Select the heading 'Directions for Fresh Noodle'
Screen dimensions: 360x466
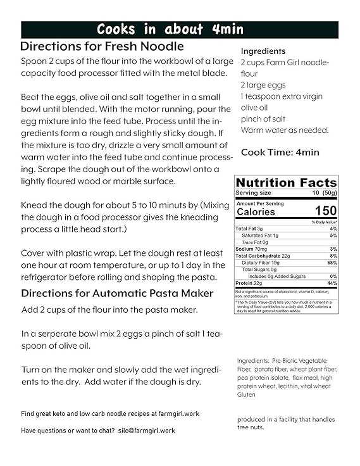[x=102, y=46]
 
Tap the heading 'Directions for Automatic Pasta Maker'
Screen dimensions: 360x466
[x=117, y=293]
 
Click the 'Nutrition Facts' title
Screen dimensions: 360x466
[x=287, y=182]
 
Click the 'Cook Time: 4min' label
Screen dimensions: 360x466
[x=280, y=152]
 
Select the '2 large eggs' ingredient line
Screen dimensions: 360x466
[x=263, y=85]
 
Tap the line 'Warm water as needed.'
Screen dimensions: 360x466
[x=285, y=130]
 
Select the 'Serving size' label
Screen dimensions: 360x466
[x=253, y=192]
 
